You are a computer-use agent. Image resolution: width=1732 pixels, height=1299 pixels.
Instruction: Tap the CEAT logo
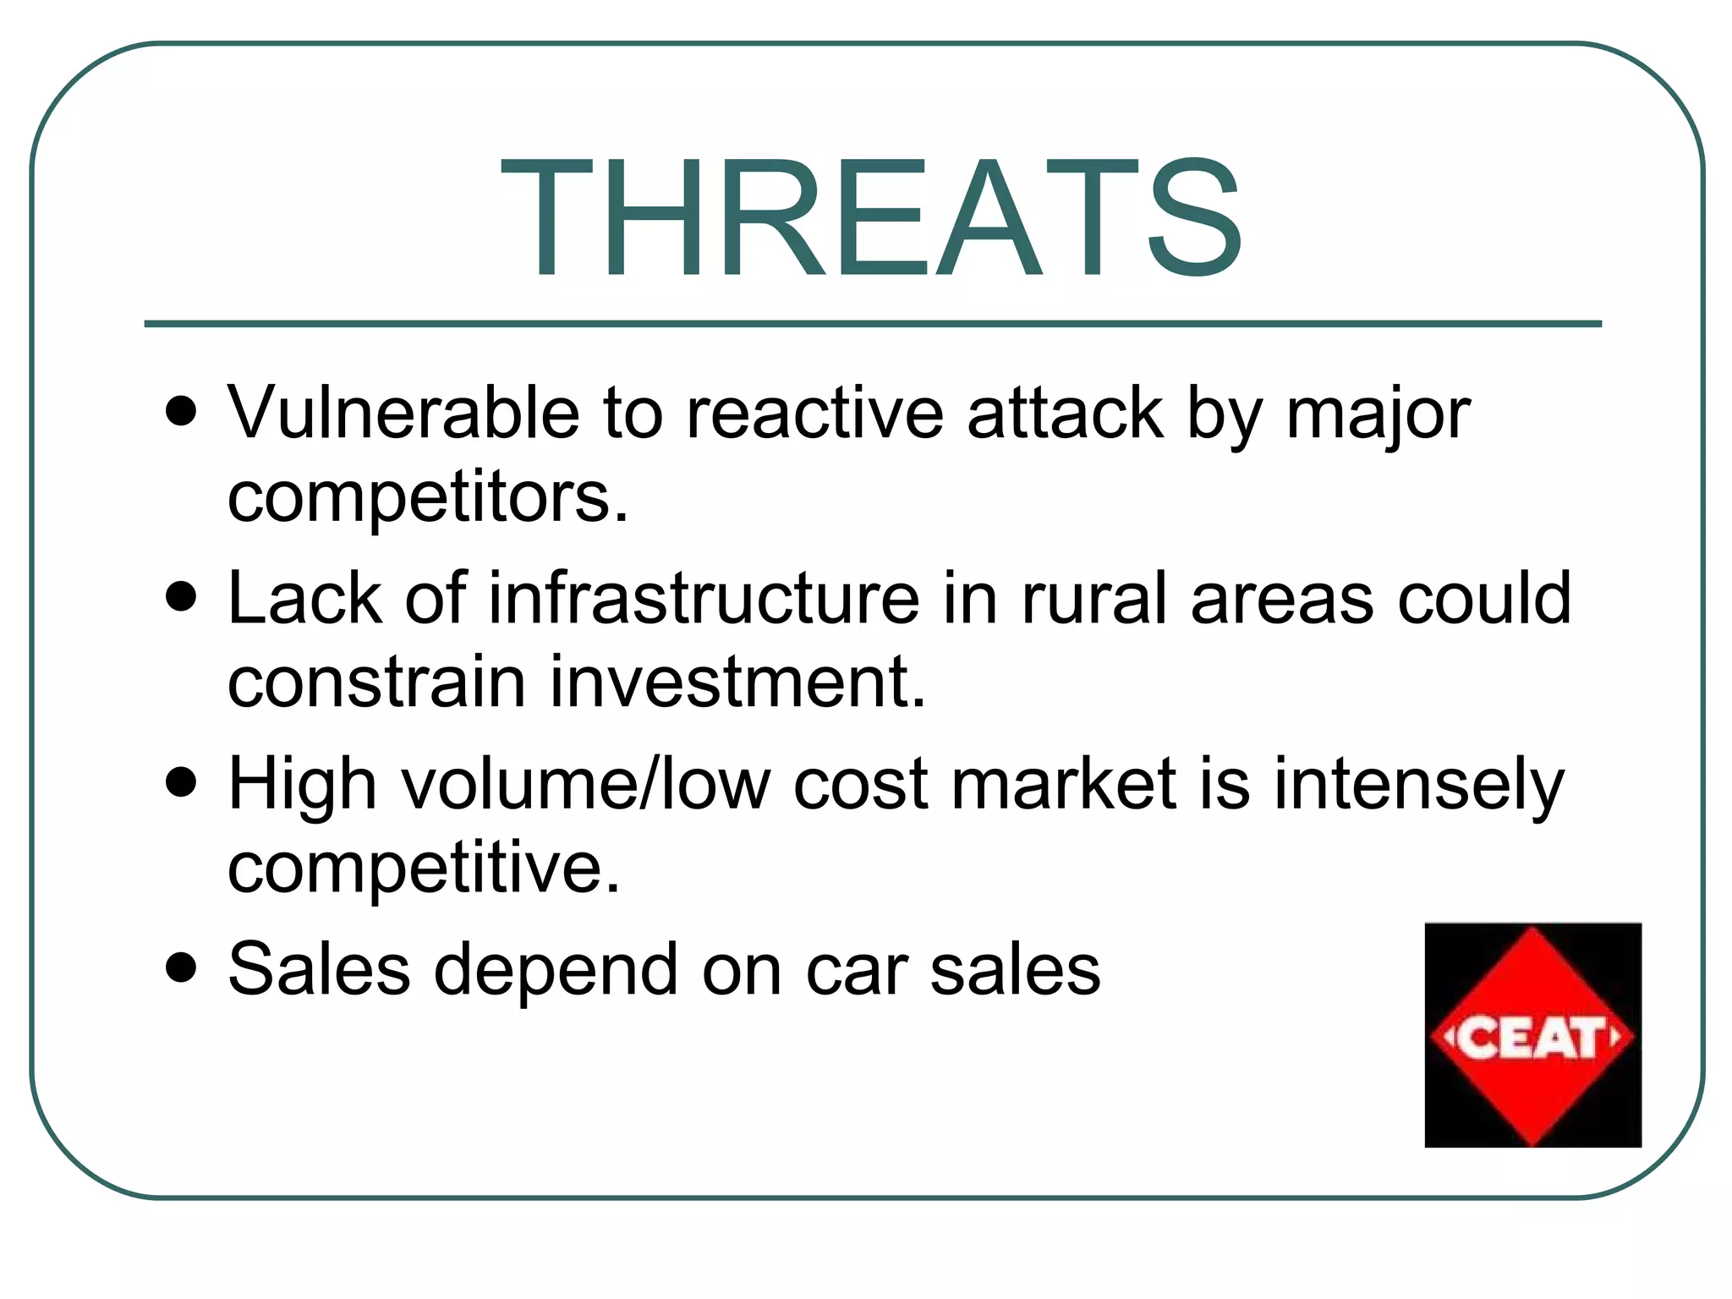[1532, 1035]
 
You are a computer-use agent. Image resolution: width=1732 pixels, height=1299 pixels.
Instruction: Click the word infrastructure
[704, 599]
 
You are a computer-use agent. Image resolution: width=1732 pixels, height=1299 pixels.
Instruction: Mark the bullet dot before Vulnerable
[182, 412]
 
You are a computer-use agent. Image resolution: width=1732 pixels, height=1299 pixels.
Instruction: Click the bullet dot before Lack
[182, 597]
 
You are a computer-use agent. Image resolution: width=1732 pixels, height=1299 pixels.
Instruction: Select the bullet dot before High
[182, 782]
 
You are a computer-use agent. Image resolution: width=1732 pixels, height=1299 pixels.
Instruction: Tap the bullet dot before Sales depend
[182, 967]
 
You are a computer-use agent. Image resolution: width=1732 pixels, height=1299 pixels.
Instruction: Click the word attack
[1065, 414]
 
